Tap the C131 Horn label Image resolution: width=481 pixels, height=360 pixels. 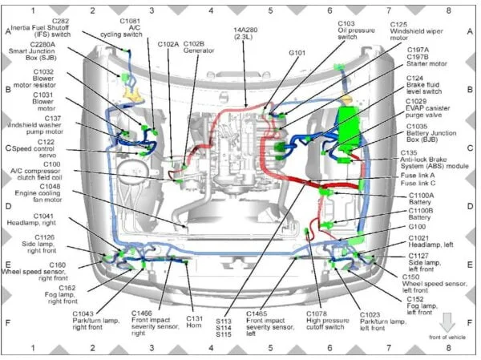pyautogui.click(x=195, y=320)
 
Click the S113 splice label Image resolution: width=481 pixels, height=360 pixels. pyautogui.click(x=223, y=319)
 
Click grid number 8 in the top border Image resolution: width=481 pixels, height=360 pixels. pyautogui.click(x=447, y=11)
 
